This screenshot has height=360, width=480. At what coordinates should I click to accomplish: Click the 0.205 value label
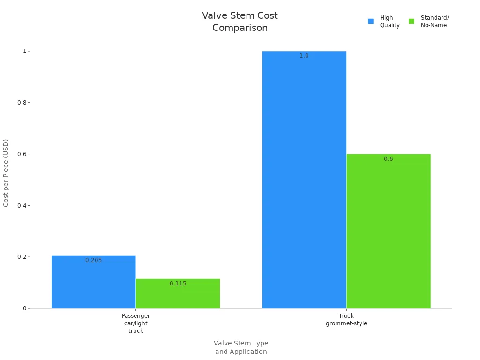tap(93, 260)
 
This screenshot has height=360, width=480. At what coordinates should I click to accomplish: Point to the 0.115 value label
tap(178, 284)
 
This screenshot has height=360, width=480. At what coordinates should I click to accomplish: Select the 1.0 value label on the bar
tap(304, 56)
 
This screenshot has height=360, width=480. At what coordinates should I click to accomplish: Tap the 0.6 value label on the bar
tap(389, 159)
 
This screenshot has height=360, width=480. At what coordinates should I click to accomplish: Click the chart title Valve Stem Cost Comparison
tap(240, 22)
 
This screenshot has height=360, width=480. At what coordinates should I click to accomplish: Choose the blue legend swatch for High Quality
tap(371, 21)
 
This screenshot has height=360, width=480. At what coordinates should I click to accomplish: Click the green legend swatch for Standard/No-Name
tap(412, 21)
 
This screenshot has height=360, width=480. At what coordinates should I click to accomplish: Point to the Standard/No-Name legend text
tap(435, 22)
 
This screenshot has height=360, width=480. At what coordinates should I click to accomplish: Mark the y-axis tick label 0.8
tap(22, 103)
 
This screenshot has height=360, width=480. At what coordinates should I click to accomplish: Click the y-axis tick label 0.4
tap(22, 205)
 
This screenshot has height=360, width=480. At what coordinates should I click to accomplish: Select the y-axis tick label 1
tap(24, 51)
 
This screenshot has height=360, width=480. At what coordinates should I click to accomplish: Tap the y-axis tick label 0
tap(24, 308)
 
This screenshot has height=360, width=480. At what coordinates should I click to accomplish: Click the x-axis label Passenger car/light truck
tap(136, 323)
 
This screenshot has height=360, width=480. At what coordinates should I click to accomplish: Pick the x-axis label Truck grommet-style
tap(346, 320)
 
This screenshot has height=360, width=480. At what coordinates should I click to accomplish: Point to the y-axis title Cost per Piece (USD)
tap(6, 172)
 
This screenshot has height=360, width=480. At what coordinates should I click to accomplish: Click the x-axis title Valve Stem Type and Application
tap(241, 347)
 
